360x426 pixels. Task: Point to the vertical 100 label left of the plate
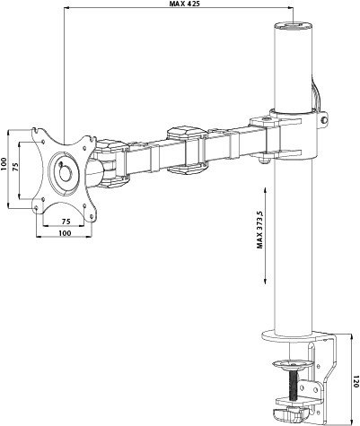5,170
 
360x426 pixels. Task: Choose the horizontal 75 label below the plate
66,219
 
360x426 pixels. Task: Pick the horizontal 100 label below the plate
65,233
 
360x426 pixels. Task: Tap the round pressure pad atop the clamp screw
293,363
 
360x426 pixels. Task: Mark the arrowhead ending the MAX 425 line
289,13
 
